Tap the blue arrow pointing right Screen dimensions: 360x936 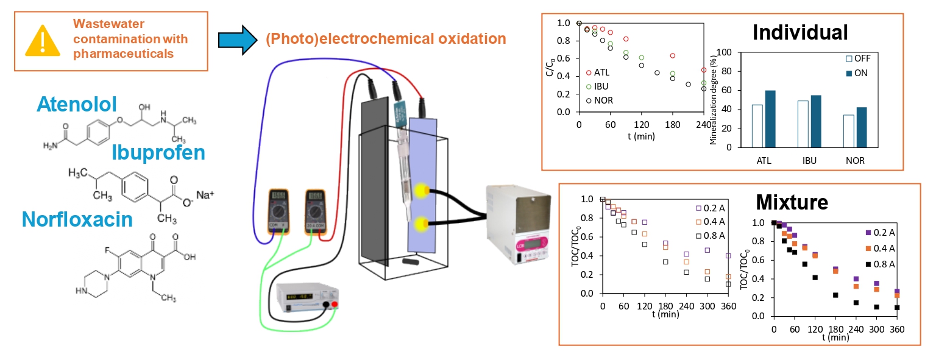point(238,40)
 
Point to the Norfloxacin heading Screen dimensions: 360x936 point(77,219)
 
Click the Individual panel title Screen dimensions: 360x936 point(800,32)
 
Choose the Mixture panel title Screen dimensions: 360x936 point(791,201)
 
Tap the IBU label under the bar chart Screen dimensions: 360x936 point(805,161)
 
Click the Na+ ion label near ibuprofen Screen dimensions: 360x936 point(205,196)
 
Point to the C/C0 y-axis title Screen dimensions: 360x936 point(551,66)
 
